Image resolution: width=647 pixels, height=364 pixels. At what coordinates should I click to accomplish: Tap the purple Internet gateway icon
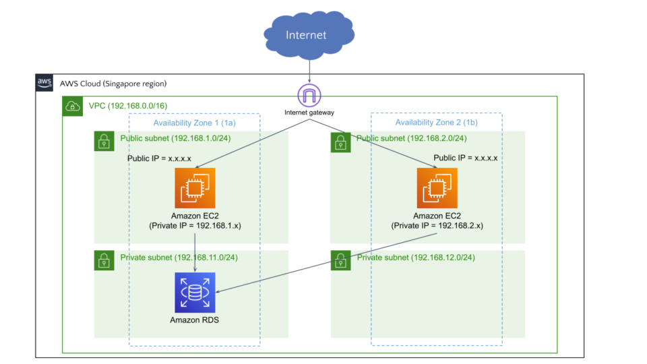309,95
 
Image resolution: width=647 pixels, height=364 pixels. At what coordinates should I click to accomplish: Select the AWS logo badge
44,83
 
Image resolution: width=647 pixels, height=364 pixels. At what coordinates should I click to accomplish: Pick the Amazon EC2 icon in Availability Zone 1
195,188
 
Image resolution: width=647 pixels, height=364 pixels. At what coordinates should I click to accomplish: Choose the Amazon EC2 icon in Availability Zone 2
437,188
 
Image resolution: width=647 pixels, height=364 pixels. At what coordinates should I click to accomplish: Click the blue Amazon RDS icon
195,293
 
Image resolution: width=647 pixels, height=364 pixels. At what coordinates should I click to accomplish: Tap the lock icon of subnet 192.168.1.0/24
104,142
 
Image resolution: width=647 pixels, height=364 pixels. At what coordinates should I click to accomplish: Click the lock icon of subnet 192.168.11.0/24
104,260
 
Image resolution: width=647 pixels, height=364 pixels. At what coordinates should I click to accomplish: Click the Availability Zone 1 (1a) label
195,123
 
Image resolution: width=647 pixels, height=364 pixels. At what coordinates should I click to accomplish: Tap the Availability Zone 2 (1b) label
437,123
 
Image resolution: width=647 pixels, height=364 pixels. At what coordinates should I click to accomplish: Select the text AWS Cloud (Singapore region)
113,84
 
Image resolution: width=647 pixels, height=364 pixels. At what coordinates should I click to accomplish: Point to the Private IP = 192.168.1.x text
195,225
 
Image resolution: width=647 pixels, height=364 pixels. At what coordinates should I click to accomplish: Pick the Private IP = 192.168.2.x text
437,225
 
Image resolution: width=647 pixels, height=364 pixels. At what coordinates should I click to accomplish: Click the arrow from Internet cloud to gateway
309,70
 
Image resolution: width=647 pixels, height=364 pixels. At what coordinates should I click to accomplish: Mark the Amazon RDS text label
194,320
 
